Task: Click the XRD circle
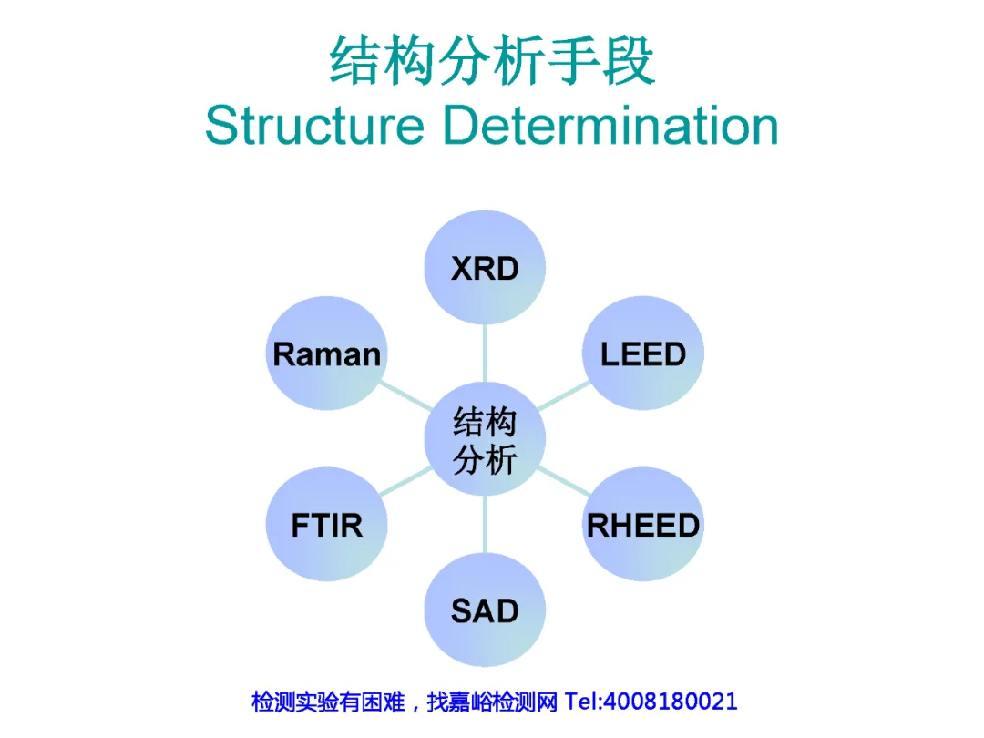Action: coord(485,267)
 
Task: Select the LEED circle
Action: coord(643,353)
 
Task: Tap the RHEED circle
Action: coord(643,525)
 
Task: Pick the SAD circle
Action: coord(485,610)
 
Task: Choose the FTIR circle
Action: coord(326,525)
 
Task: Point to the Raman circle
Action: coord(326,353)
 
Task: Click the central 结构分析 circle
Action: coord(485,440)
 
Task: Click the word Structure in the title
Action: coord(314,126)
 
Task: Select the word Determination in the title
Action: coord(610,126)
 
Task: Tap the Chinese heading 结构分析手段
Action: coord(492,62)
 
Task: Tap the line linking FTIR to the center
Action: coord(405,483)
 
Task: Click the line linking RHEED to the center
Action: coord(564,483)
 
